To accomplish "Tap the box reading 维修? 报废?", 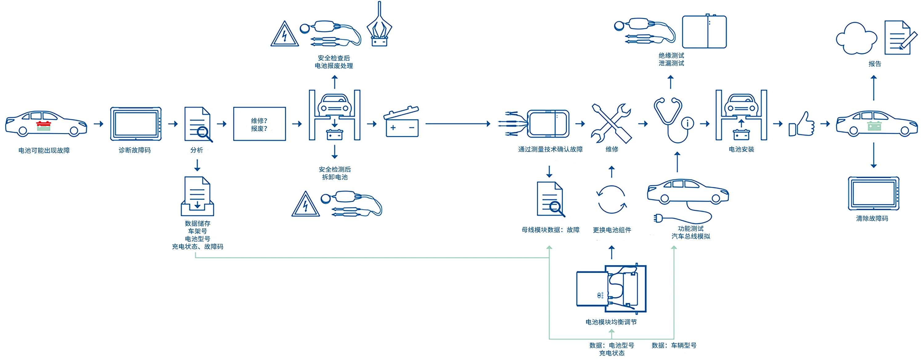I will pyautogui.click(x=259, y=124).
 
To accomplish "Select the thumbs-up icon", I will pyautogui.click(x=801, y=124).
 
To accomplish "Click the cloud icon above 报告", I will pyautogui.click(x=856, y=39).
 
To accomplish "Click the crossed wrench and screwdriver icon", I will pyautogui.click(x=611, y=123).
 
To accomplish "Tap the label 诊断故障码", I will pyautogui.click(x=135, y=150).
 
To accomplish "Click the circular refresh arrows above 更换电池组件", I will pyautogui.click(x=612, y=199).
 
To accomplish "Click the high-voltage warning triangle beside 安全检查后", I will pyautogui.click(x=285, y=35).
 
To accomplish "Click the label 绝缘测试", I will pyautogui.click(x=671, y=56).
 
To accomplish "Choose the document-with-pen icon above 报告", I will pyautogui.click(x=900, y=38).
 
